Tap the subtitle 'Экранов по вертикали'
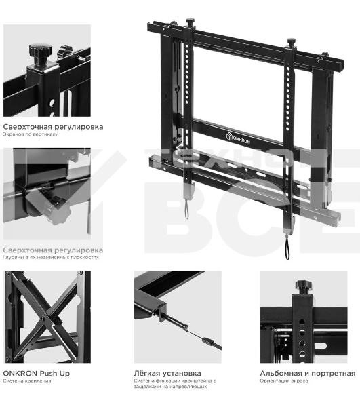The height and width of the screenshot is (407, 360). [x=31, y=134]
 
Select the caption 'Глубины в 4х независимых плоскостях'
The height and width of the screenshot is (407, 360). [x=51, y=258]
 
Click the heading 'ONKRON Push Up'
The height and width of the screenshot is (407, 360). [x=36, y=373]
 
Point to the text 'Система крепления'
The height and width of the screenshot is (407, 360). [x=26, y=381]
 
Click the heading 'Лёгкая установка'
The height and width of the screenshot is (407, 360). [x=167, y=373]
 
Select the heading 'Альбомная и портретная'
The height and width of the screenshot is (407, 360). [x=307, y=373]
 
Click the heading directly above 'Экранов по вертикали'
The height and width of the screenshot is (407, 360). [x=53, y=126]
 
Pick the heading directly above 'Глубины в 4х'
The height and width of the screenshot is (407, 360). [x=53, y=250]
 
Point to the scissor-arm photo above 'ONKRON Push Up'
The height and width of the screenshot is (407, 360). [x=46, y=316]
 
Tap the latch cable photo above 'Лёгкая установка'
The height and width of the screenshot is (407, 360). [x=177, y=316]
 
